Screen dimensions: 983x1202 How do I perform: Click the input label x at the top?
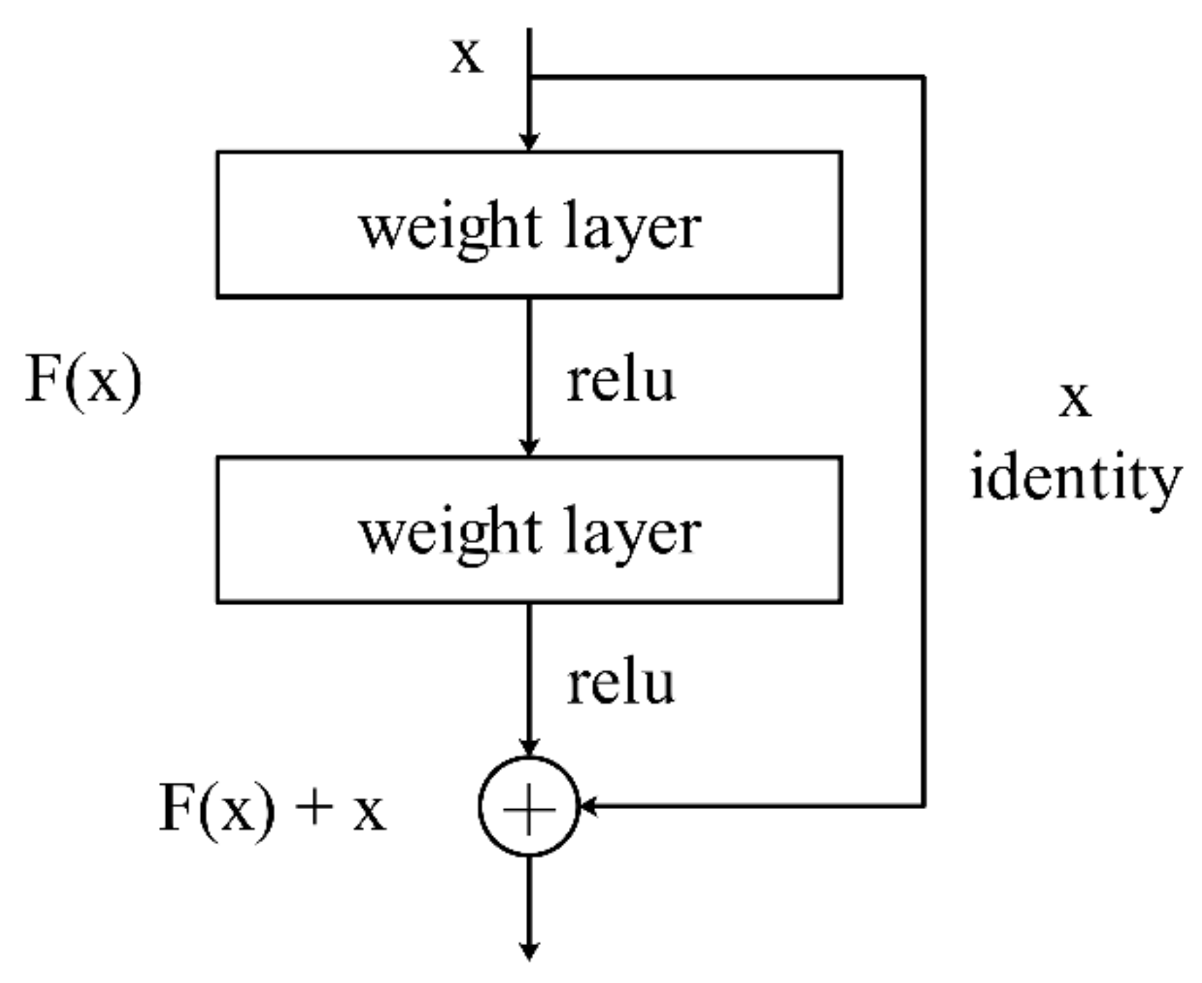coord(466,56)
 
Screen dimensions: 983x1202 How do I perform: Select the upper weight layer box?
coord(529,224)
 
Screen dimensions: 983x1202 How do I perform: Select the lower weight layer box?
coord(529,529)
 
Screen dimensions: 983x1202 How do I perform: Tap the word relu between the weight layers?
coord(620,381)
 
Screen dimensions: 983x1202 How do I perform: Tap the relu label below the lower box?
coord(620,683)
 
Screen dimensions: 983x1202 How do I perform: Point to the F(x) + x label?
coord(272,808)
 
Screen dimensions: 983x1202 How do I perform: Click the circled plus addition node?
coord(529,806)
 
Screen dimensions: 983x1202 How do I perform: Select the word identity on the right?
coord(1075,478)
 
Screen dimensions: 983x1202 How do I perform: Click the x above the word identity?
coord(1075,399)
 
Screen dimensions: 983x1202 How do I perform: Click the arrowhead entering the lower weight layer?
coord(529,447)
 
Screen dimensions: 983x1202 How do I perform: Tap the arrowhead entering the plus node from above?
coord(529,748)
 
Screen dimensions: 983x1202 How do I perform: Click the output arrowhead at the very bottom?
coord(529,952)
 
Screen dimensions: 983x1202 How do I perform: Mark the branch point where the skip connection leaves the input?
coord(529,77)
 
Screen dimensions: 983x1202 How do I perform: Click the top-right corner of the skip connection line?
coord(924,77)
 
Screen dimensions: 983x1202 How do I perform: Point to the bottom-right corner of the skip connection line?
coord(924,806)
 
